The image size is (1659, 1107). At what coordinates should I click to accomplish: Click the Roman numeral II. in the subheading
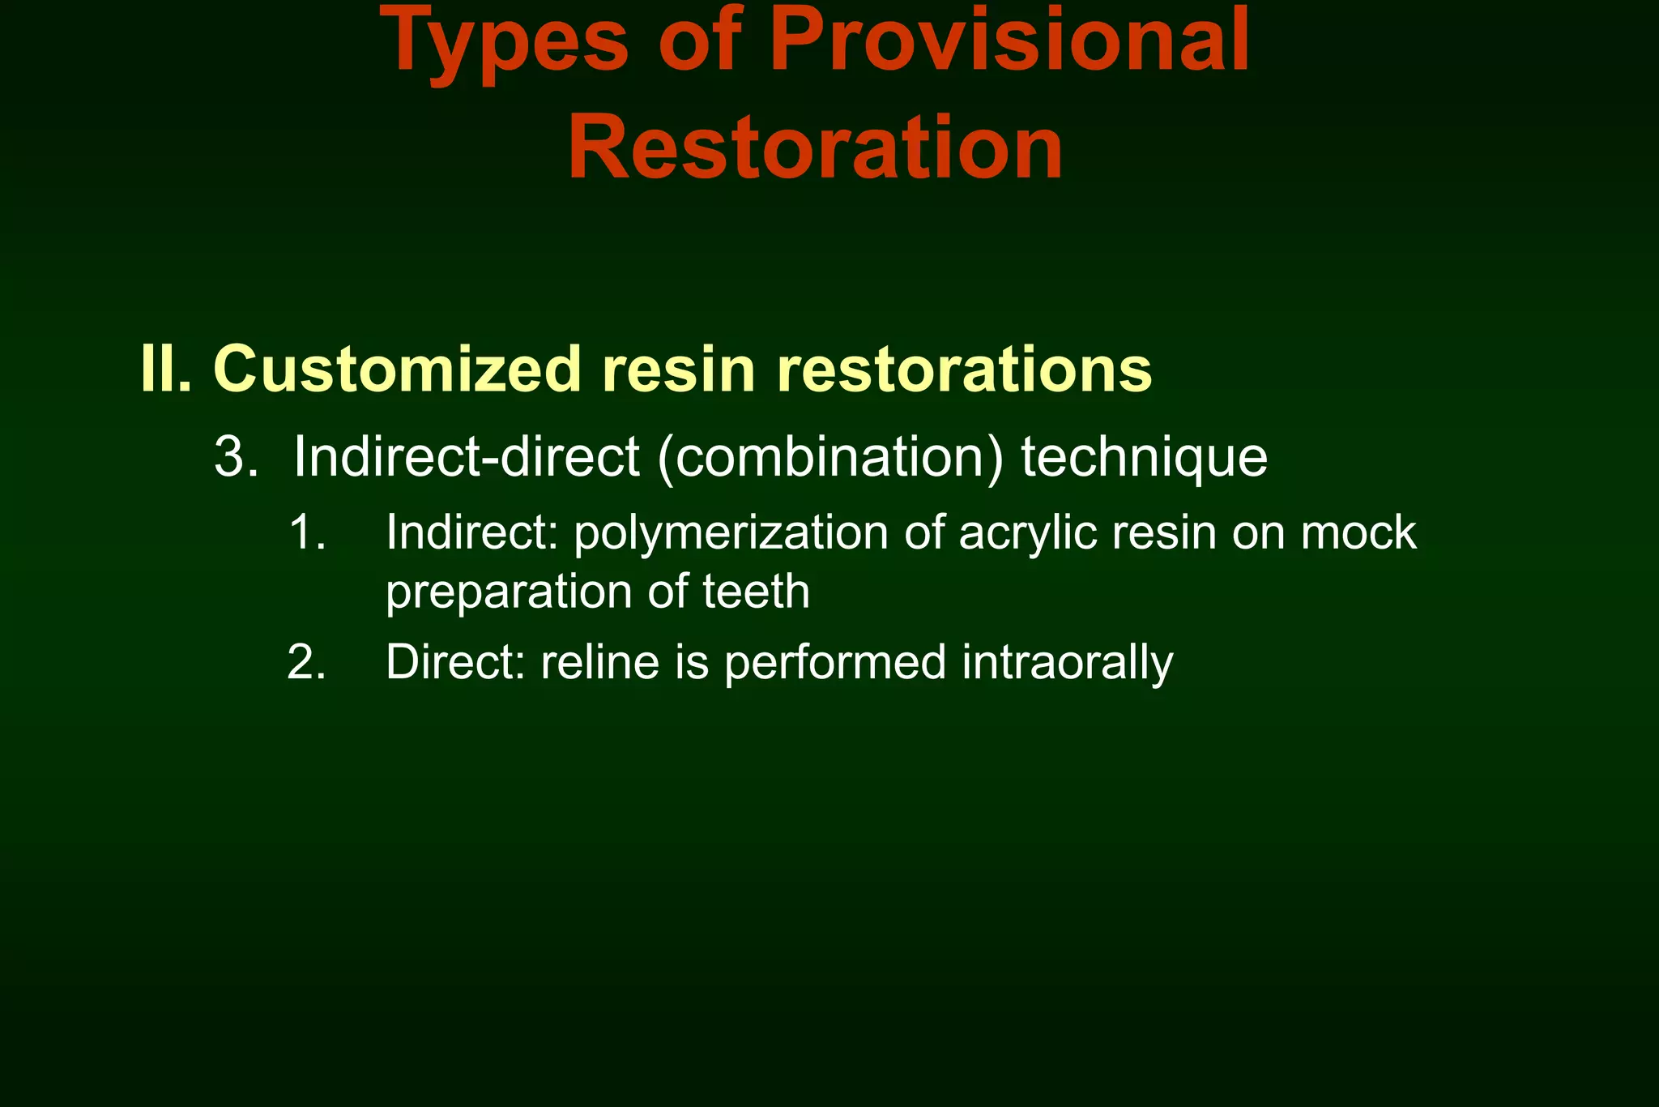[x=166, y=369]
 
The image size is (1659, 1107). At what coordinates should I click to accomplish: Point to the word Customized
[x=398, y=369]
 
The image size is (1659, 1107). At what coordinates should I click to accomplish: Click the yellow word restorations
[x=964, y=369]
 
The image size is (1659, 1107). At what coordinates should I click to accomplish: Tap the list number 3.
[x=236, y=457]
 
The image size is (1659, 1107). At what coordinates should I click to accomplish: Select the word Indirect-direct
[x=467, y=457]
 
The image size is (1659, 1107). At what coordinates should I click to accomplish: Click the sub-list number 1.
[x=306, y=533]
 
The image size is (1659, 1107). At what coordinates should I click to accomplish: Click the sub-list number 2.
[x=306, y=662]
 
